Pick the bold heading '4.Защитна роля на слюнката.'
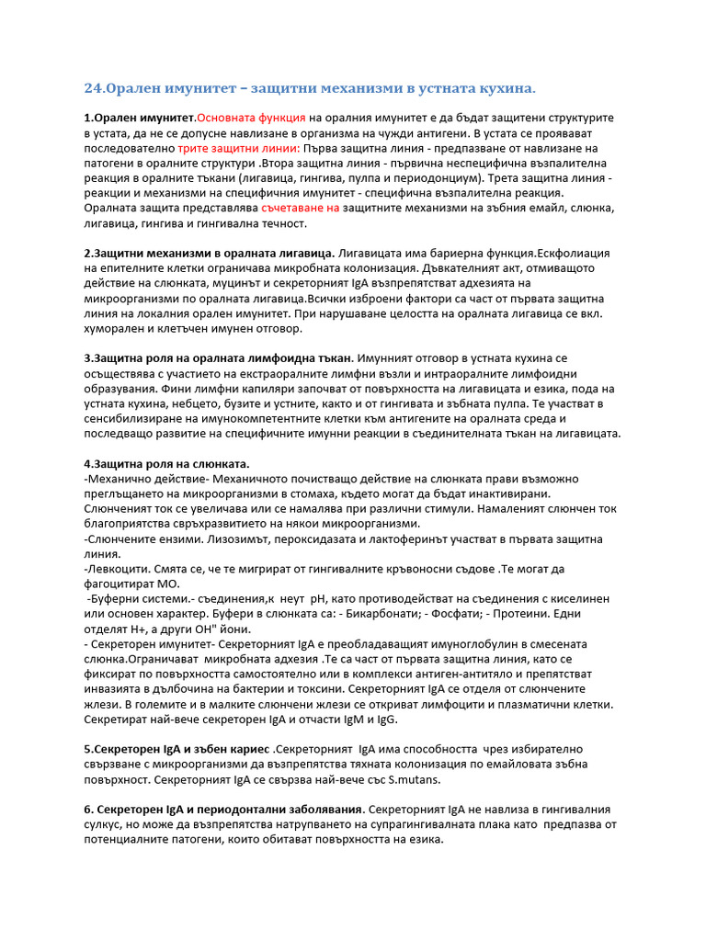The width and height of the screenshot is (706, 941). coord(166,462)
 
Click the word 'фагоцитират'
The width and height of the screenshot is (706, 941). coord(124,583)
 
